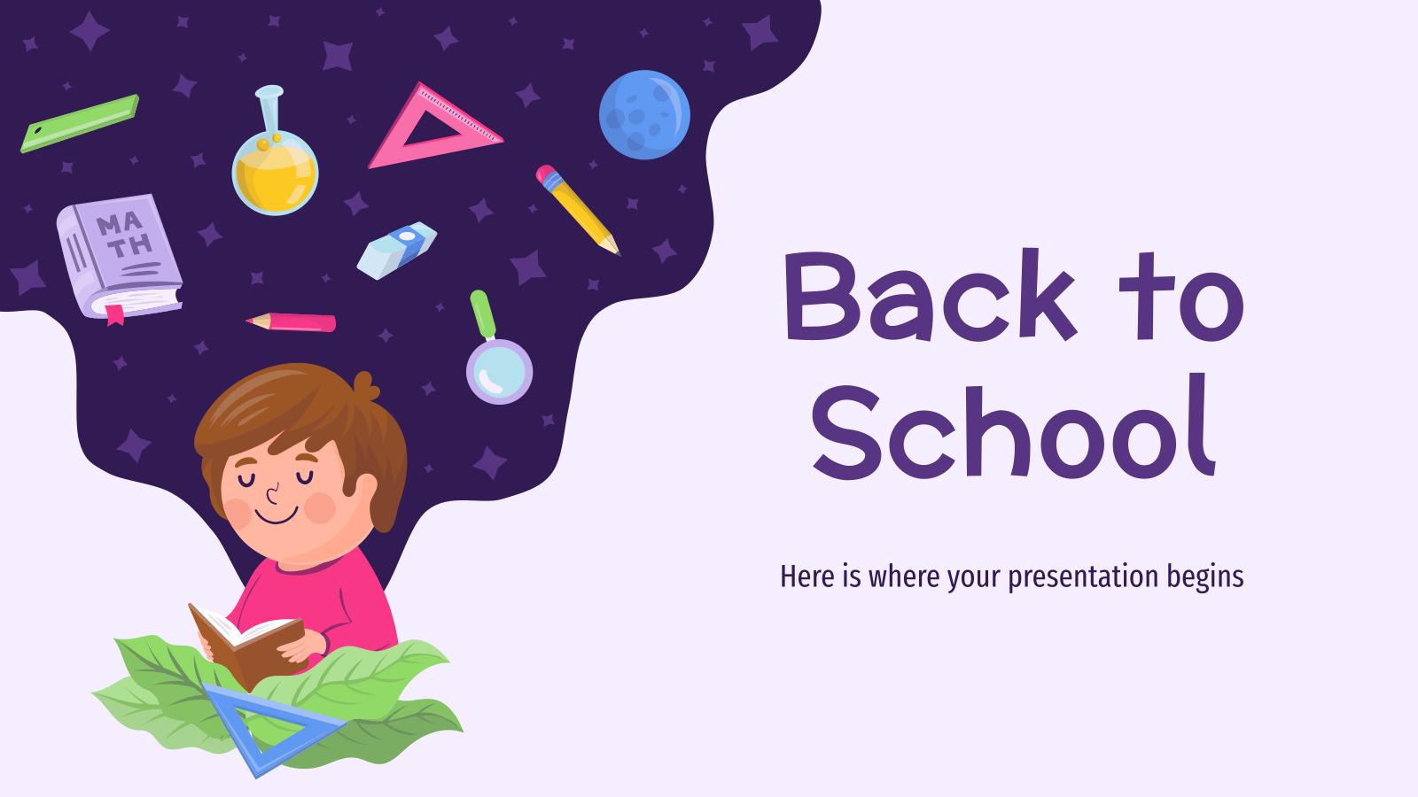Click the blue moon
click(644, 115)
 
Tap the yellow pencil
click(577, 209)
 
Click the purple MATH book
click(118, 254)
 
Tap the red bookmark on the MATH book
click(114, 314)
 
